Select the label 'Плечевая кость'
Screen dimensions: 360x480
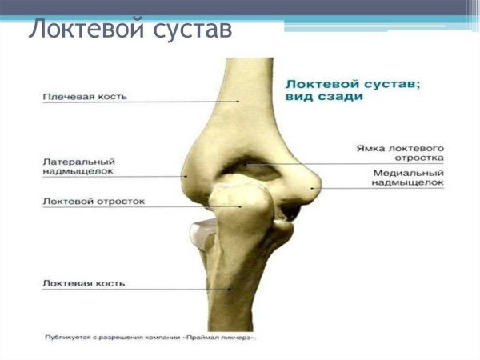(85, 97)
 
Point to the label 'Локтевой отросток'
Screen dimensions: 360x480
(94, 202)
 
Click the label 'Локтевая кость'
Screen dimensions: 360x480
(85, 283)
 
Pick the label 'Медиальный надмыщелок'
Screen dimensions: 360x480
(407, 178)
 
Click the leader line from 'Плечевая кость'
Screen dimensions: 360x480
(184, 102)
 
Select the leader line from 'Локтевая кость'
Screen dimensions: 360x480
(176, 289)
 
